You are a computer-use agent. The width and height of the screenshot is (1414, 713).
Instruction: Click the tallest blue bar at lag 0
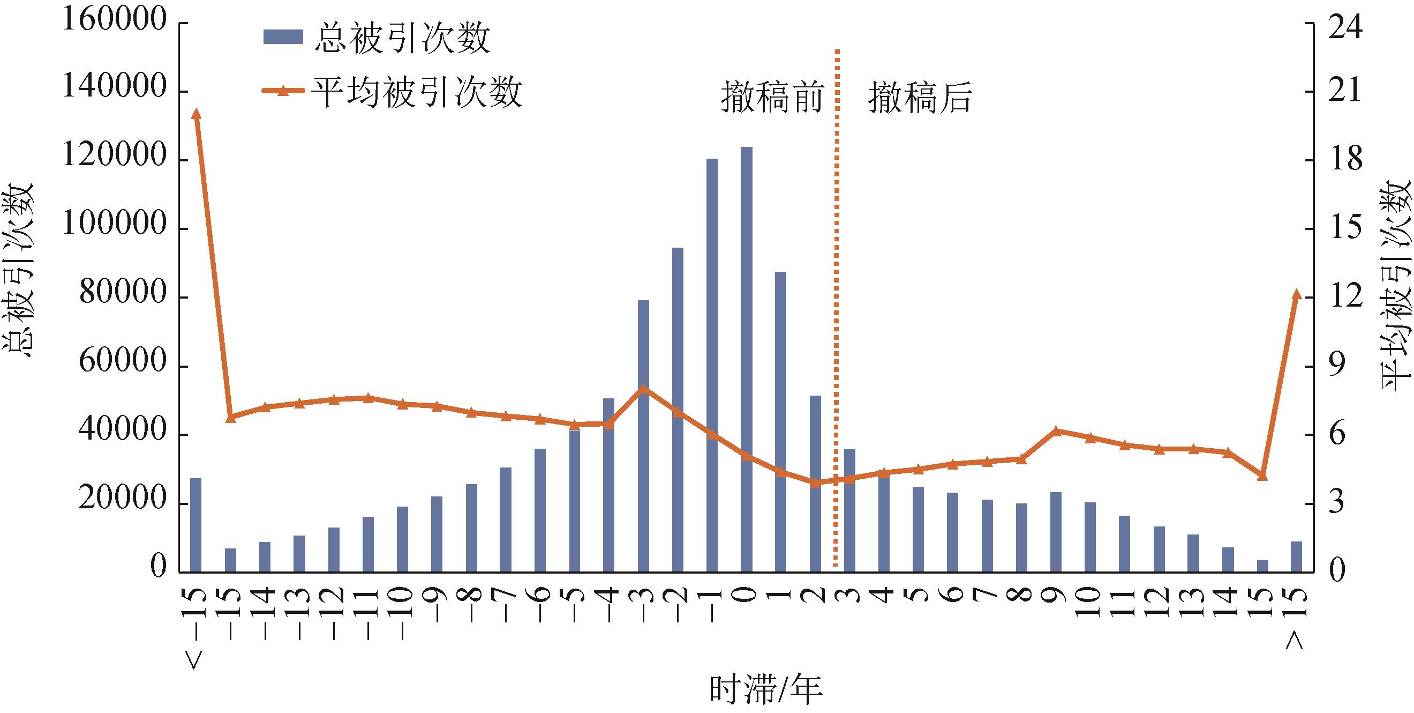point(747,357)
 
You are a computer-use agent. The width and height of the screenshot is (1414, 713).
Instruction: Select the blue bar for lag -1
point(712,362)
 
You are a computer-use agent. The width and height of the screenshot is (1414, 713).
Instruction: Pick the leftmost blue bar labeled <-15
point(196,525)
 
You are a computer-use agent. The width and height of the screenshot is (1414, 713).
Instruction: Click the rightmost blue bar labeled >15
point(1297,556)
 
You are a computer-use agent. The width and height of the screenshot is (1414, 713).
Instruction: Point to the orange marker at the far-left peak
point(196,114)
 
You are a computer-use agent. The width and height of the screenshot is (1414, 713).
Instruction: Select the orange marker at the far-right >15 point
point(1297,294)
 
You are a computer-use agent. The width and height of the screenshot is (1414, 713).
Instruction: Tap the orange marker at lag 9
point(1056,430)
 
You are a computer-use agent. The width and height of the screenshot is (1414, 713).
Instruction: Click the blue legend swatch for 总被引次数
point(283,37)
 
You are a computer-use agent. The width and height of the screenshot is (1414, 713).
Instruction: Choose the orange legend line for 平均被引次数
point(283,91)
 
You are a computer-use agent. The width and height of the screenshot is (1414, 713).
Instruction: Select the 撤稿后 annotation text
point(920,98)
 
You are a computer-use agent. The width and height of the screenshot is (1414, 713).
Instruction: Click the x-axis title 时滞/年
point(765,690)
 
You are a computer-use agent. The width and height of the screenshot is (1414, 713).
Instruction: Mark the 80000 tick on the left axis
point(122,296)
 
